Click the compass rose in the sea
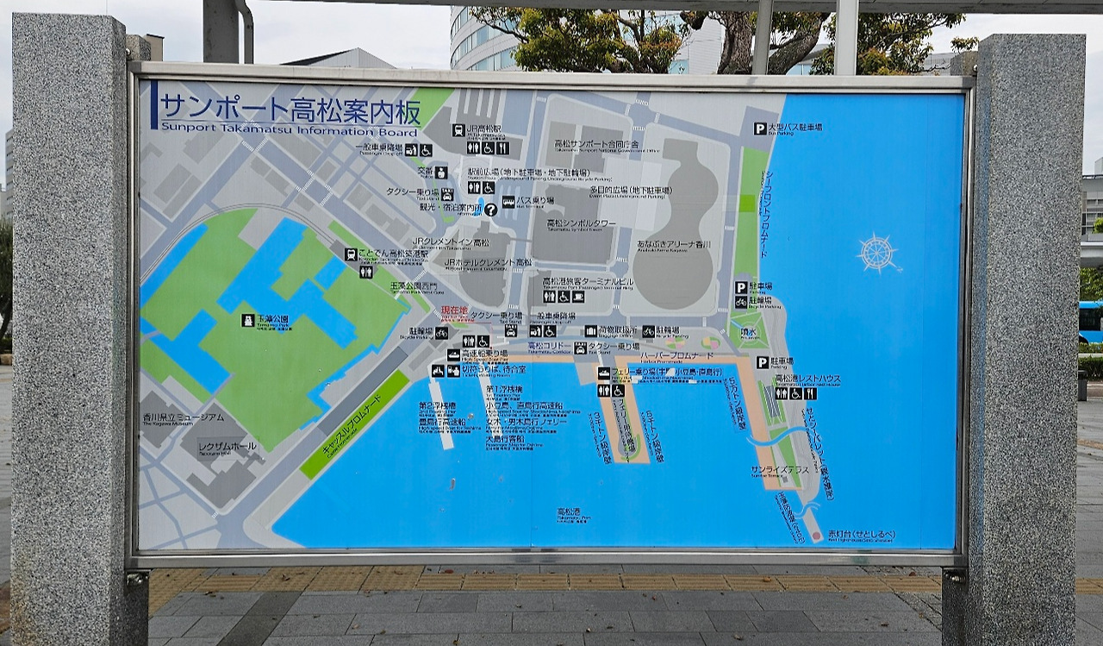(x=877, y=253)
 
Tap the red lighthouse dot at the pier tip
(x=817, y=535)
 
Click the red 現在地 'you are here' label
(x=454, y=310)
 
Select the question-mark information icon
(x=490, y=209)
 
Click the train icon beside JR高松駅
(x=458, y=130)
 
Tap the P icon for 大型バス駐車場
(x=760, y=129)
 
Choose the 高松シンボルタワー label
(x=582, y=223)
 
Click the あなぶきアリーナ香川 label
(x=674, y=245)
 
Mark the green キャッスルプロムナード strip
(x=354, y=424)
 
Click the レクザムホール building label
(x=227, y=446)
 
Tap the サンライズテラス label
(x=779, y=469)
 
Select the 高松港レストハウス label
(x=807, y=379)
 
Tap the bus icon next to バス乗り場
(x=508, y=201)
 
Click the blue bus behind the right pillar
(x=1090, y=321)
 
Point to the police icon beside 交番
(x=441, y=172)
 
